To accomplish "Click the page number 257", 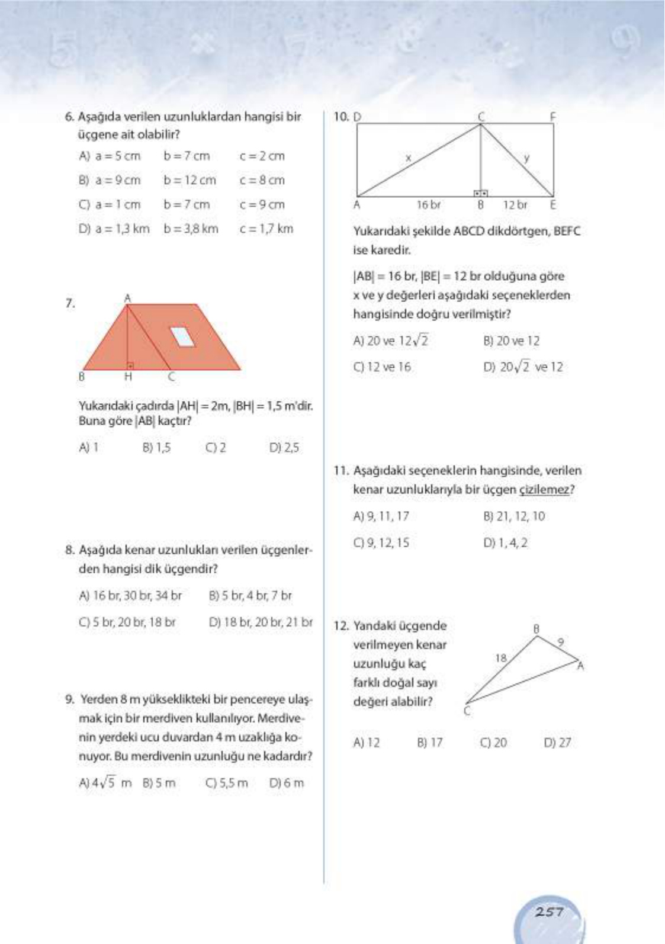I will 549,911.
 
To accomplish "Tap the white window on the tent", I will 183,336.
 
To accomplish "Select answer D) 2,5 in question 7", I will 284,448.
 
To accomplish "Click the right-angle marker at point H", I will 130,367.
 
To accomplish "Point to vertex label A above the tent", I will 127,297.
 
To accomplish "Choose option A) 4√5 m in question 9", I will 105,783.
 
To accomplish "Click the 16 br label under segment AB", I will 428,205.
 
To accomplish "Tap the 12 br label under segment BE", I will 515,205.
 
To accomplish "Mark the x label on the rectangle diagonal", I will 408,158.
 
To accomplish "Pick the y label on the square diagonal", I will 526,158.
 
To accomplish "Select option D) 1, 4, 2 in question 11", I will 505,542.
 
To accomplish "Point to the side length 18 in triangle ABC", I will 501,657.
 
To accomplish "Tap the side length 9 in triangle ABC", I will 561,641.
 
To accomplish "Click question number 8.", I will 70,550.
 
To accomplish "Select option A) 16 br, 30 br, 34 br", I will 130,596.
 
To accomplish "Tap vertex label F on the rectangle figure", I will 552,117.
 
